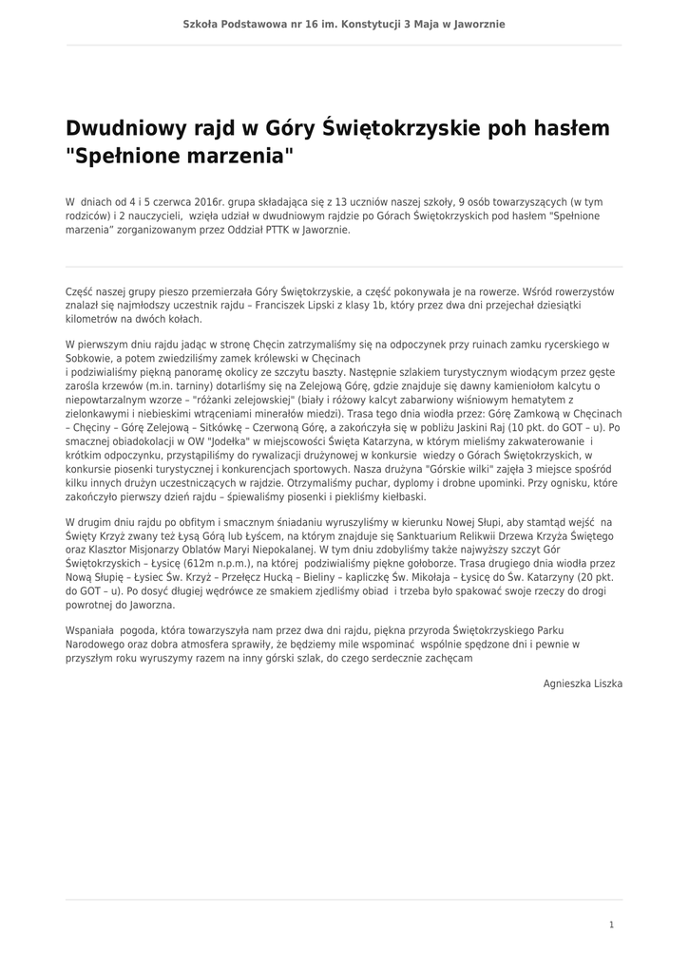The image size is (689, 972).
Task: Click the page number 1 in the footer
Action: pyautogui.click(x=612, y=925)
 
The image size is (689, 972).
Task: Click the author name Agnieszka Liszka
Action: pyautogui.click(x=583, y=682)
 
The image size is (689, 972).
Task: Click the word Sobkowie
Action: pyautogui.click(x=89, y=359)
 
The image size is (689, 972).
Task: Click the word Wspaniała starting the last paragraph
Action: pyautogui.click(x=89, y=629)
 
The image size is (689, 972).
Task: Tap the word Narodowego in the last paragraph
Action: pyautogui.click(x=97, y=643)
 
